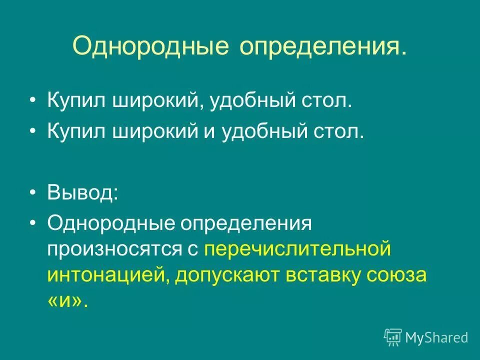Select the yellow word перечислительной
tap(297, 248)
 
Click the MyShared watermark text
tap(436, 337)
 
